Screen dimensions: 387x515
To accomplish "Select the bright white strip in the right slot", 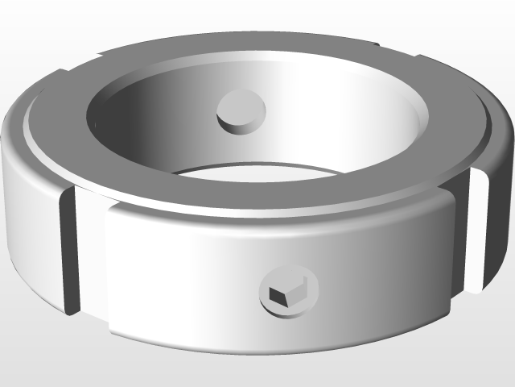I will pos(476,234).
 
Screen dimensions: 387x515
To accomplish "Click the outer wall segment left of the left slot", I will pos(28,218).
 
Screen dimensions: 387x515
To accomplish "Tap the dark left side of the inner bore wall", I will pos(121,121).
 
